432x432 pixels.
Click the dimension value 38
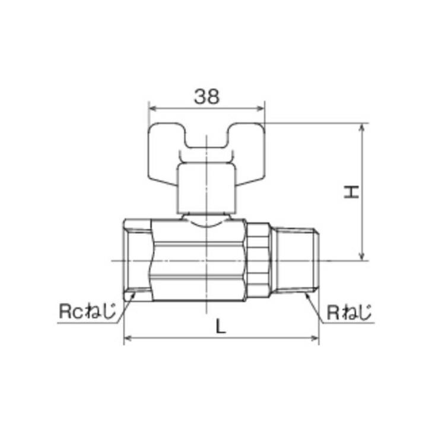[x=206, y=97]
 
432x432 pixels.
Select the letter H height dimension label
[x=353, y=192]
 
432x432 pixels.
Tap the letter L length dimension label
[x=220, y=326]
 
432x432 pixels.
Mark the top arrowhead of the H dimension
[x=361, y=127]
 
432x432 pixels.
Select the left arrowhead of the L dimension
[x=127, y=339]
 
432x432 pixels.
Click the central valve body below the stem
[x=199, y=261]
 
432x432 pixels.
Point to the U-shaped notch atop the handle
[x=206, y=141]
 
